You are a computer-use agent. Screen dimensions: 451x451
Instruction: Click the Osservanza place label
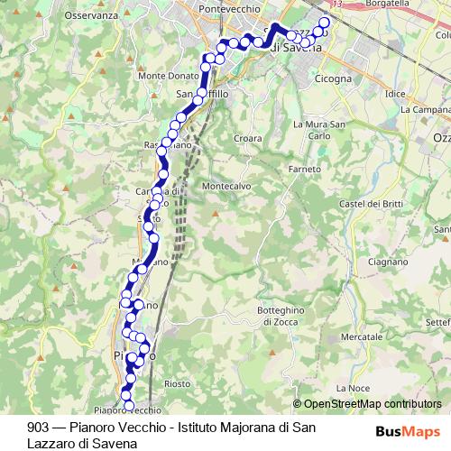[x=90, y=15]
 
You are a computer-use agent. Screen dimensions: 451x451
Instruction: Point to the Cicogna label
[x=309, y=78]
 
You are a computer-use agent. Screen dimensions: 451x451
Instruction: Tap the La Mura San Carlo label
[x=320, y=129]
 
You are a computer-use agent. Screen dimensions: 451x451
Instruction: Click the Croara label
[x=247, y=138]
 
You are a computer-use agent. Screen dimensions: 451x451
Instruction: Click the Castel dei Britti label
[x=367, y=205]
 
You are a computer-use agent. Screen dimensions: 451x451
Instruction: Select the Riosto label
[x=178, y=383]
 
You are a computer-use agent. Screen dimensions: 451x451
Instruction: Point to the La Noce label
[x=357, y=388]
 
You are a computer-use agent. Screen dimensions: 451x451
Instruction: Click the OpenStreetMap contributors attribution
[x=373, y=404]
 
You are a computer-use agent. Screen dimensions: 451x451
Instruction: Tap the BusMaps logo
[x=408, y=431]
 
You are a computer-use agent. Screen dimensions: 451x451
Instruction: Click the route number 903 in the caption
[x=38, y=427]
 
